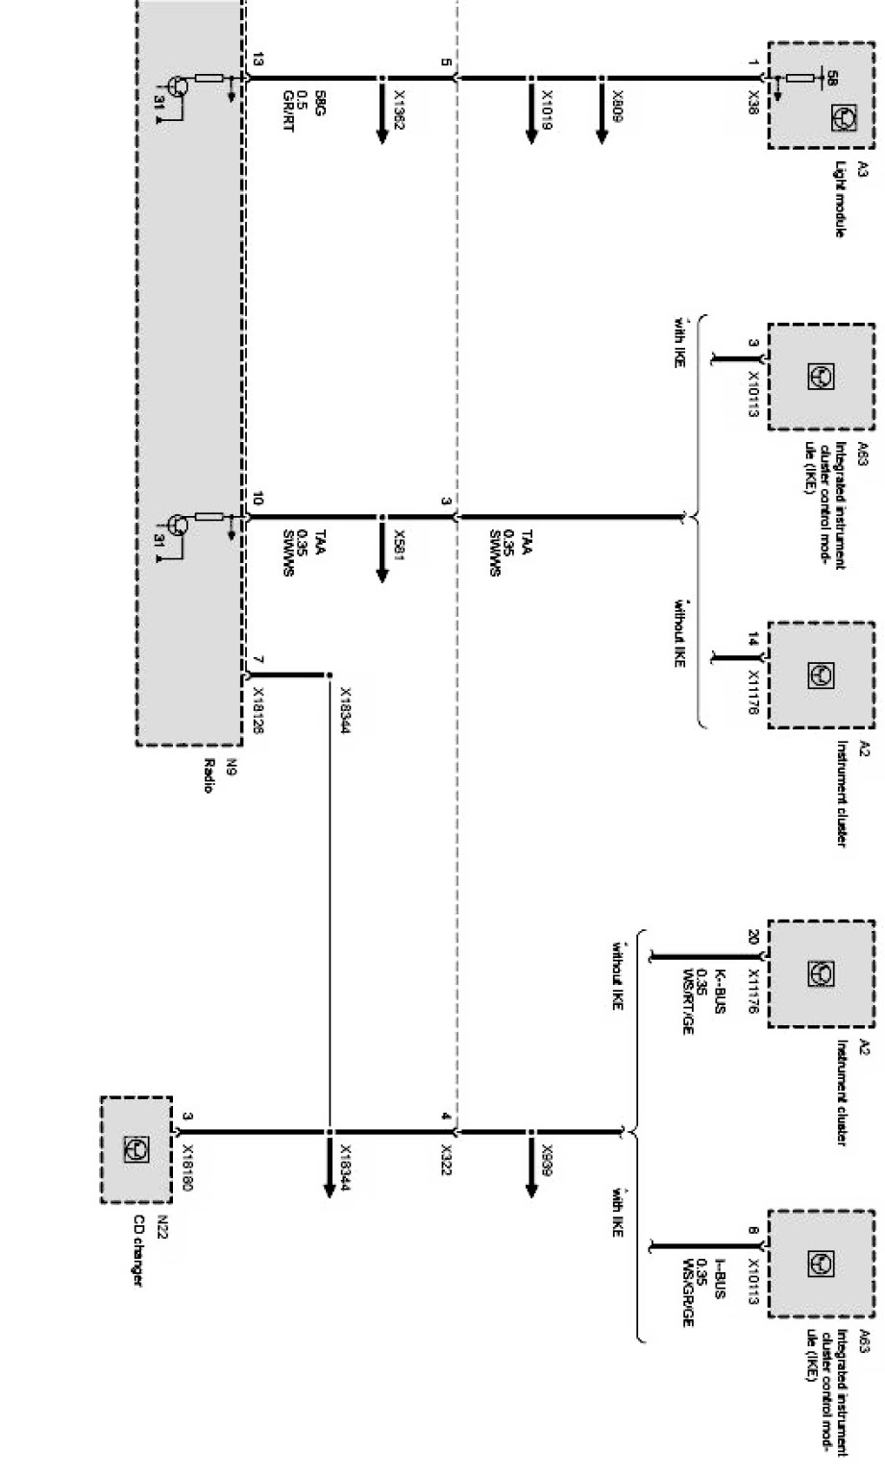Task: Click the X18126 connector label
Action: [257, 710]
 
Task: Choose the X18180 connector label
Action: [188, 1167]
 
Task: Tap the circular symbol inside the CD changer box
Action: [136, 1149]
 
